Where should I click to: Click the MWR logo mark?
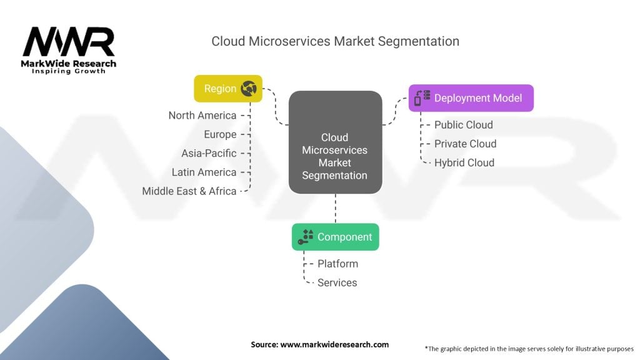(69, 42)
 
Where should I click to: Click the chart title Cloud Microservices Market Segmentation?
(335, 41)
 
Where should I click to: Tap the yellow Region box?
(228, 89)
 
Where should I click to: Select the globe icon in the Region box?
(249, 89)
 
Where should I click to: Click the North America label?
(202, 116)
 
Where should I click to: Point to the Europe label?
(220, 134)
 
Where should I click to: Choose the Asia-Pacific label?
(209, 153)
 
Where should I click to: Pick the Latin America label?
(204, 172)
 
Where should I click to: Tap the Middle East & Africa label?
(189, 191)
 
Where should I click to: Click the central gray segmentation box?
(335, 142)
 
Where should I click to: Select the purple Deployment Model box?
(471, 98)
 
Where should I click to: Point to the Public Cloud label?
(464, 125)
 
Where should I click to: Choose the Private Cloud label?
(466, 144)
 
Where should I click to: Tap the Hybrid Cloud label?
(464, 162)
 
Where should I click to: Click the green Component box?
(335, 237)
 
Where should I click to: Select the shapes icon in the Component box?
(306, 236)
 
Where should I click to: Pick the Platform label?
(337, 264)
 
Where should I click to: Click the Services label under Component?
(337, 282)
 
